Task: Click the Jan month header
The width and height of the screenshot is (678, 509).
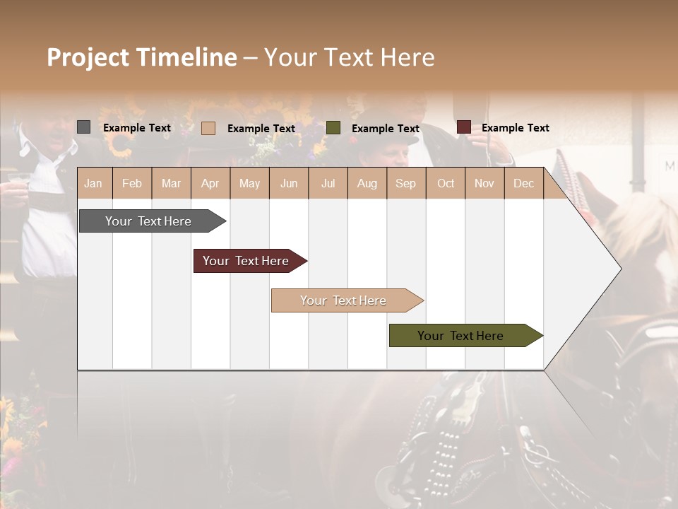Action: pos(93,184)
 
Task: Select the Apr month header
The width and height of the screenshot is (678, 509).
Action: pos(210,184)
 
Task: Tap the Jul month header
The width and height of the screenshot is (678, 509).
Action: pos(328,184)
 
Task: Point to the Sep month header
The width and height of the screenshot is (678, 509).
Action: pos(405,184)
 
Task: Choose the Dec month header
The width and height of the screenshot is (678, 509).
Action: pos(523,184)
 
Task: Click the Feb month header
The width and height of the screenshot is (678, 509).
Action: pos(132,184)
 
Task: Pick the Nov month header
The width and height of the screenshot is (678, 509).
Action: pos(484,184)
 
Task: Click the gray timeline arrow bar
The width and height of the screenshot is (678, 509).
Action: pos(148,221)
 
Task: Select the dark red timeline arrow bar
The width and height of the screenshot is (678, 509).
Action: pos(246,261)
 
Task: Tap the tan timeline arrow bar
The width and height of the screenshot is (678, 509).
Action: pos(343,300)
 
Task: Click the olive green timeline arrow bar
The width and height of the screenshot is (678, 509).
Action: pos(460,336)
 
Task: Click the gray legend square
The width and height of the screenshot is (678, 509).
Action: pos(83,127)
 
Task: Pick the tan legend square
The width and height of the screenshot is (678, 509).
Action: pos(208,128)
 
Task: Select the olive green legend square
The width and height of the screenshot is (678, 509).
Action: pos(333,128)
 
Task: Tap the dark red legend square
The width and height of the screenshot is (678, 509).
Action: pos(463,127)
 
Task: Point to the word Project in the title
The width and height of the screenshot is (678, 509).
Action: pos(88,57)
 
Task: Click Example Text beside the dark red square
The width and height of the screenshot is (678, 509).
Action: pos(515,128)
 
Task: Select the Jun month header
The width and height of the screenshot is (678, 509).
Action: pos(289,184)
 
